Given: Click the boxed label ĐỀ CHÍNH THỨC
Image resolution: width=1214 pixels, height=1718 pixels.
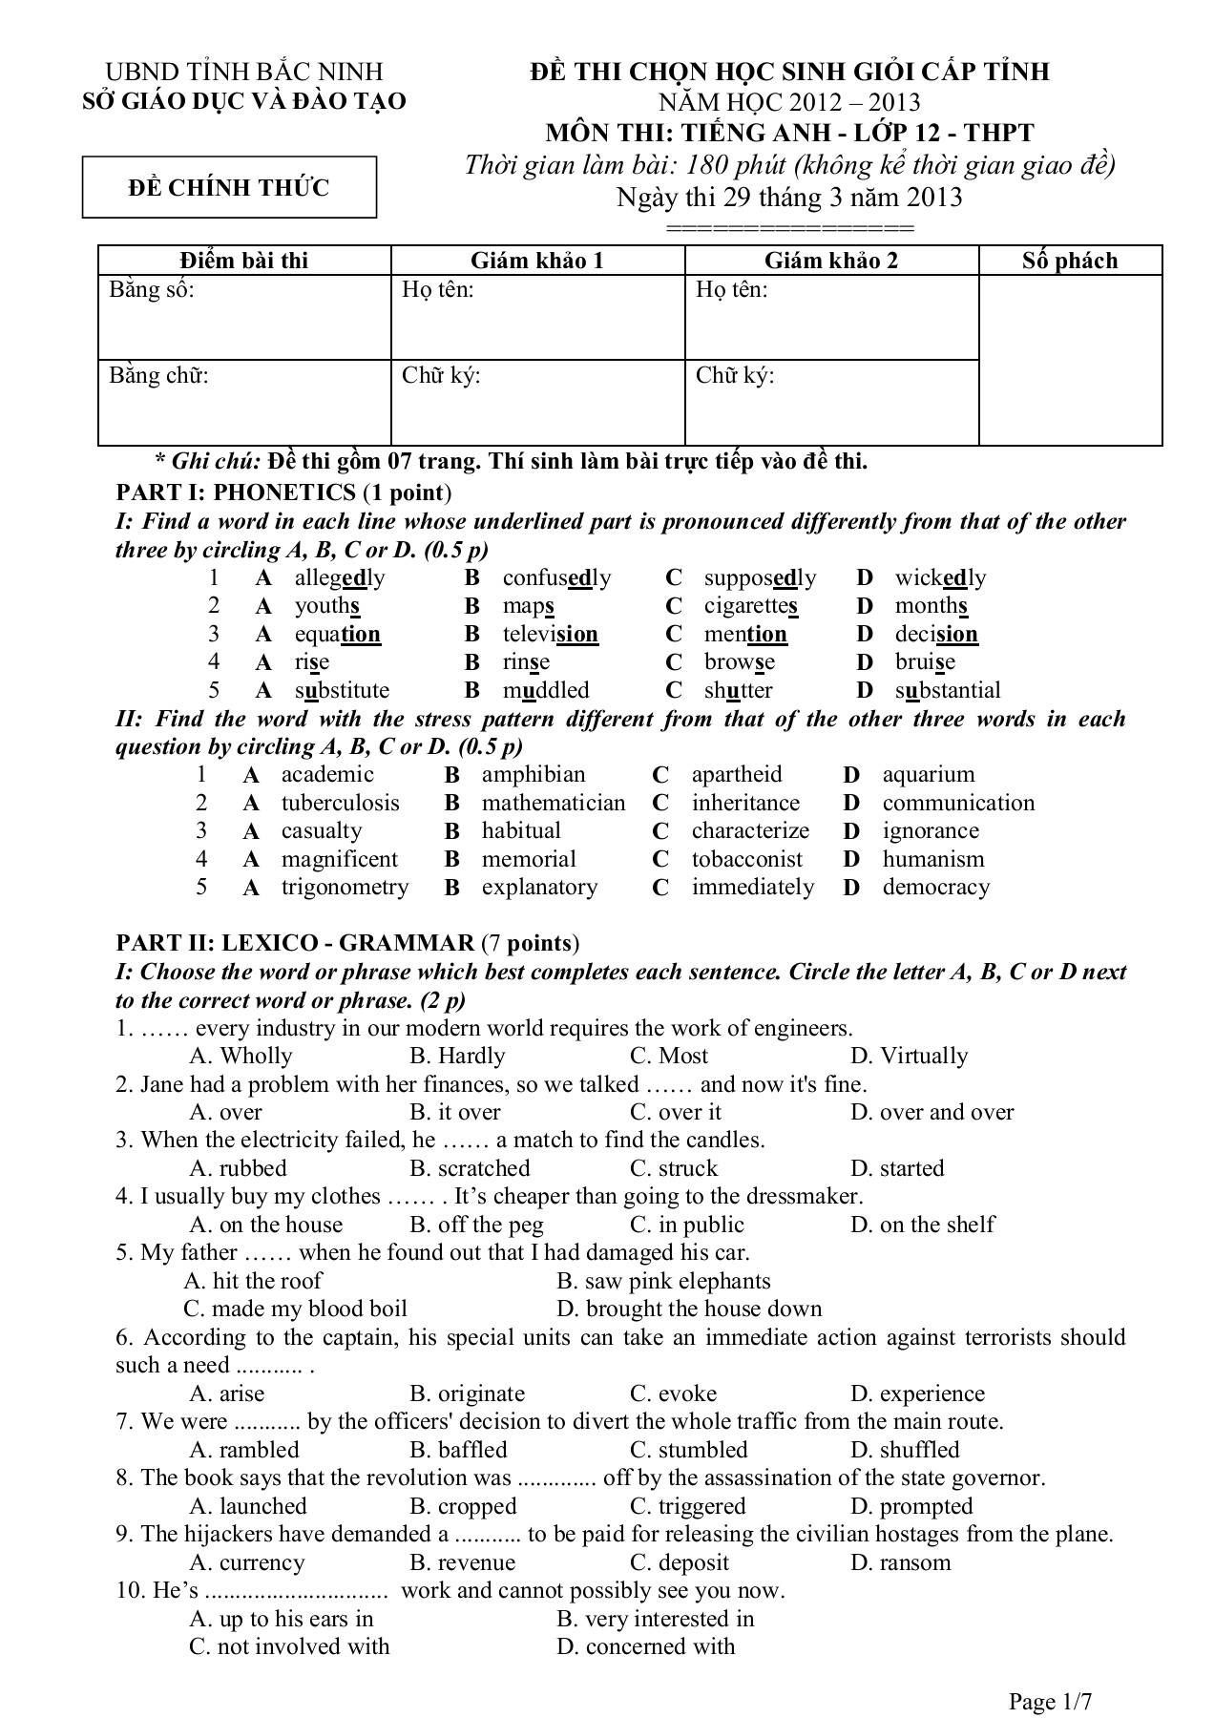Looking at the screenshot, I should click(x=229, y=188).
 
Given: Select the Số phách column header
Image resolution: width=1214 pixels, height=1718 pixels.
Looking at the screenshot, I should click(x=1069, y=261).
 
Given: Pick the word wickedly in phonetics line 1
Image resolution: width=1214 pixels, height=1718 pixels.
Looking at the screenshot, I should click(x=940, y=578).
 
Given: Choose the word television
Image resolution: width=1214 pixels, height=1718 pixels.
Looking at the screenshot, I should click(x=550, y=635).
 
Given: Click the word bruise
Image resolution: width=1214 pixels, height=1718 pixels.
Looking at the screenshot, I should click(x=925, y=662).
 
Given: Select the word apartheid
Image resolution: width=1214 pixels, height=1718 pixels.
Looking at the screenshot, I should click(x=736, y=775).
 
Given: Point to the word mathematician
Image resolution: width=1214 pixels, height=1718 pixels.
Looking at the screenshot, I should click(x=554, y=804).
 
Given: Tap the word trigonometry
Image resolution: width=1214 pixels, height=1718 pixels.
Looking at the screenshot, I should click(x=345, y=888).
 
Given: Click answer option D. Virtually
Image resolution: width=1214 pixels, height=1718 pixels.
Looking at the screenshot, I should click(x=909, y=1057).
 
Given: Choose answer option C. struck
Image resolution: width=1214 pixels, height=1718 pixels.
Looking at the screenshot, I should click(x=673, y=1169).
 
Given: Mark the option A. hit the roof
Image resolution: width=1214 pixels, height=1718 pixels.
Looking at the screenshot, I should click(x=253, y=1282).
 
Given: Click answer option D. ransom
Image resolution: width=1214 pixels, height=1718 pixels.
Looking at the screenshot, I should click(x=900, y=1563).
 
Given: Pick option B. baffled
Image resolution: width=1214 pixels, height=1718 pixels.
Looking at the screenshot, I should click(x=458, y=1451).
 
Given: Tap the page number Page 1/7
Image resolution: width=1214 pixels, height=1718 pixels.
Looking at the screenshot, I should click(x=1050, y=1675).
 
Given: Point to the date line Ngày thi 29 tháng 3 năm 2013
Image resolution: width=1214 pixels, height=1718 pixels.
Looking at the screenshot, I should click(x=789, y=198).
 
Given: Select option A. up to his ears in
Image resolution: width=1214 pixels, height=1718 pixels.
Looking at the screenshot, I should click(x=282, y=1620).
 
